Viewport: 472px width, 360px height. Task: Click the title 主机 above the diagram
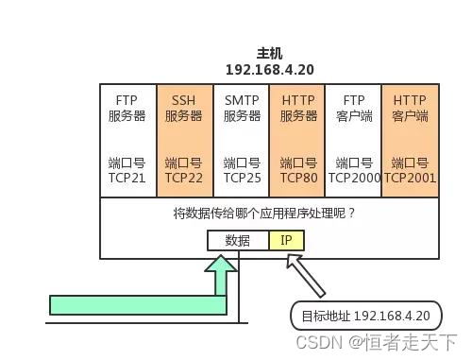point(269,54)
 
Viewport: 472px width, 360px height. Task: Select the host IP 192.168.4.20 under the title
point(269,70)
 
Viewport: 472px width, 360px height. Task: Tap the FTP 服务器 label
point(127,108)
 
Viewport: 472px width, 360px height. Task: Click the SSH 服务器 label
point(184,108)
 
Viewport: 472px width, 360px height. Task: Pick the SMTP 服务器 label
point(242,108)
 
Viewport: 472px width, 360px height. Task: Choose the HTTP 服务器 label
point(298,108)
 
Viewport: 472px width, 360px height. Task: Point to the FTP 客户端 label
point(354,108)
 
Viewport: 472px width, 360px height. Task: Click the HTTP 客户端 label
point(410,108)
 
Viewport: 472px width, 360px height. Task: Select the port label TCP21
point(127,177)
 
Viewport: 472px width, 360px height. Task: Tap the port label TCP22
point(184,177)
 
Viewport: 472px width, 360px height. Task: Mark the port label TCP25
point(242,177)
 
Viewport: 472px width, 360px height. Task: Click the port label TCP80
point(298,177)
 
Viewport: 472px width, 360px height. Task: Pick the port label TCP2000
point(354,177)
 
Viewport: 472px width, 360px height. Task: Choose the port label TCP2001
point(410,177)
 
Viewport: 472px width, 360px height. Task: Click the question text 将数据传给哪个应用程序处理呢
point(264,214)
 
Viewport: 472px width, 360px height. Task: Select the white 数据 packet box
point(238,240)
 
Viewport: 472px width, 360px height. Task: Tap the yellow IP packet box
point(287,240)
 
